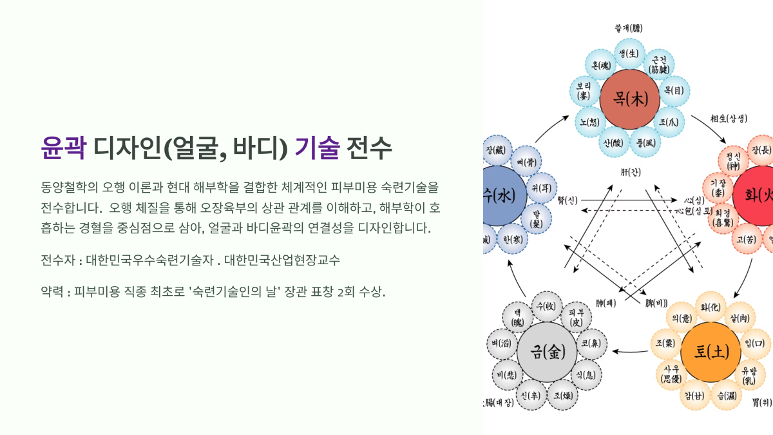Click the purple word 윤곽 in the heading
[x=63, y=148]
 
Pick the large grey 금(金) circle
[x=545, y=351]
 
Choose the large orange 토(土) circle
[x=711, y=352]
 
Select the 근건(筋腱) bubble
[x=660, y=64]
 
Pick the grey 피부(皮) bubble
[x=576, y=316]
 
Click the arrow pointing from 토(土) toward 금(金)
[x=630, y=351]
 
